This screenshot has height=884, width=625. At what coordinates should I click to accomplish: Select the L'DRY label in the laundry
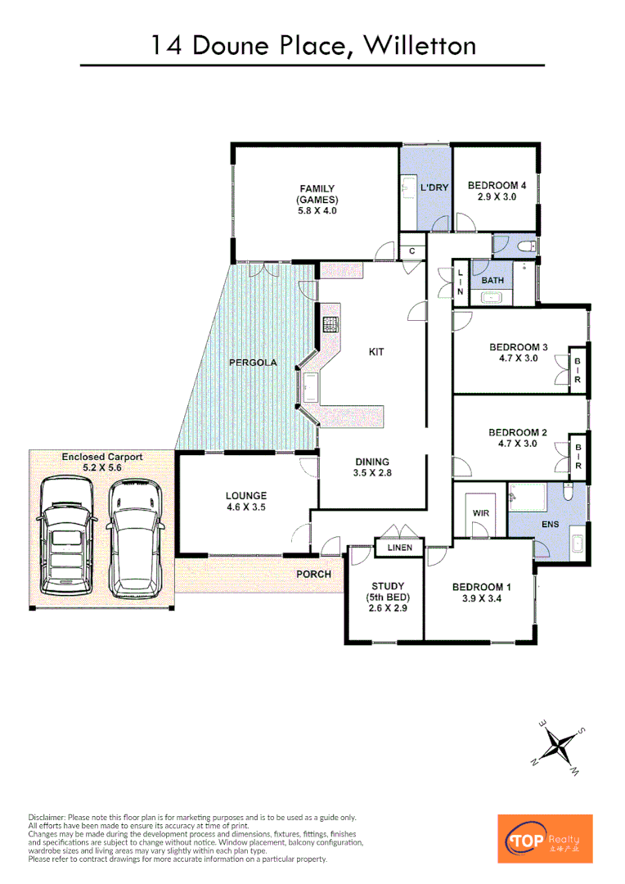[x=434, y=188]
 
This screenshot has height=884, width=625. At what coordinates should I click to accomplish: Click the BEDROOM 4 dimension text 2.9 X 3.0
[x=497, y=198]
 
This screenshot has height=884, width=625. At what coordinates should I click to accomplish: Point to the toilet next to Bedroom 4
[x=526, y=245]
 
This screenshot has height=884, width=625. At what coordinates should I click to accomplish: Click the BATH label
[x=492, y=281]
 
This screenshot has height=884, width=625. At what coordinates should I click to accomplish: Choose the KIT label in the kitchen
[x=376, y=352]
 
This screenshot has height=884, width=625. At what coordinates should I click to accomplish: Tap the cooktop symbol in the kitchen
[x=330, y=324]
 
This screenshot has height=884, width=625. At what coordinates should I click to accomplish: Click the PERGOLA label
[x=253, y=362]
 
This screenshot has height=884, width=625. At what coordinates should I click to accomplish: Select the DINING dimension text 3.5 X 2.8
[x=372, y=474]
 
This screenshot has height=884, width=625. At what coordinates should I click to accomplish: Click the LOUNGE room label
[x=246, y=496]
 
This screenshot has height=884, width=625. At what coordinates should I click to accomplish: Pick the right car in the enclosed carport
[x=137, y=538]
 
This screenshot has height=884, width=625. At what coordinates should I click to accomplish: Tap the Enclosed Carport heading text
[x=102, y=457]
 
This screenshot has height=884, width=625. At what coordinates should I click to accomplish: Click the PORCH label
[x=313, y=574]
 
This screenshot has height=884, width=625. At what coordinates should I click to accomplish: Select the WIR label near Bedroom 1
[x=480, y=513]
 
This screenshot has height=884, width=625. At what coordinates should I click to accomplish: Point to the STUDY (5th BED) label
[x=384, y=597]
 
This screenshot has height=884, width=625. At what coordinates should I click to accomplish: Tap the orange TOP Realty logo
[x=545, y=838]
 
